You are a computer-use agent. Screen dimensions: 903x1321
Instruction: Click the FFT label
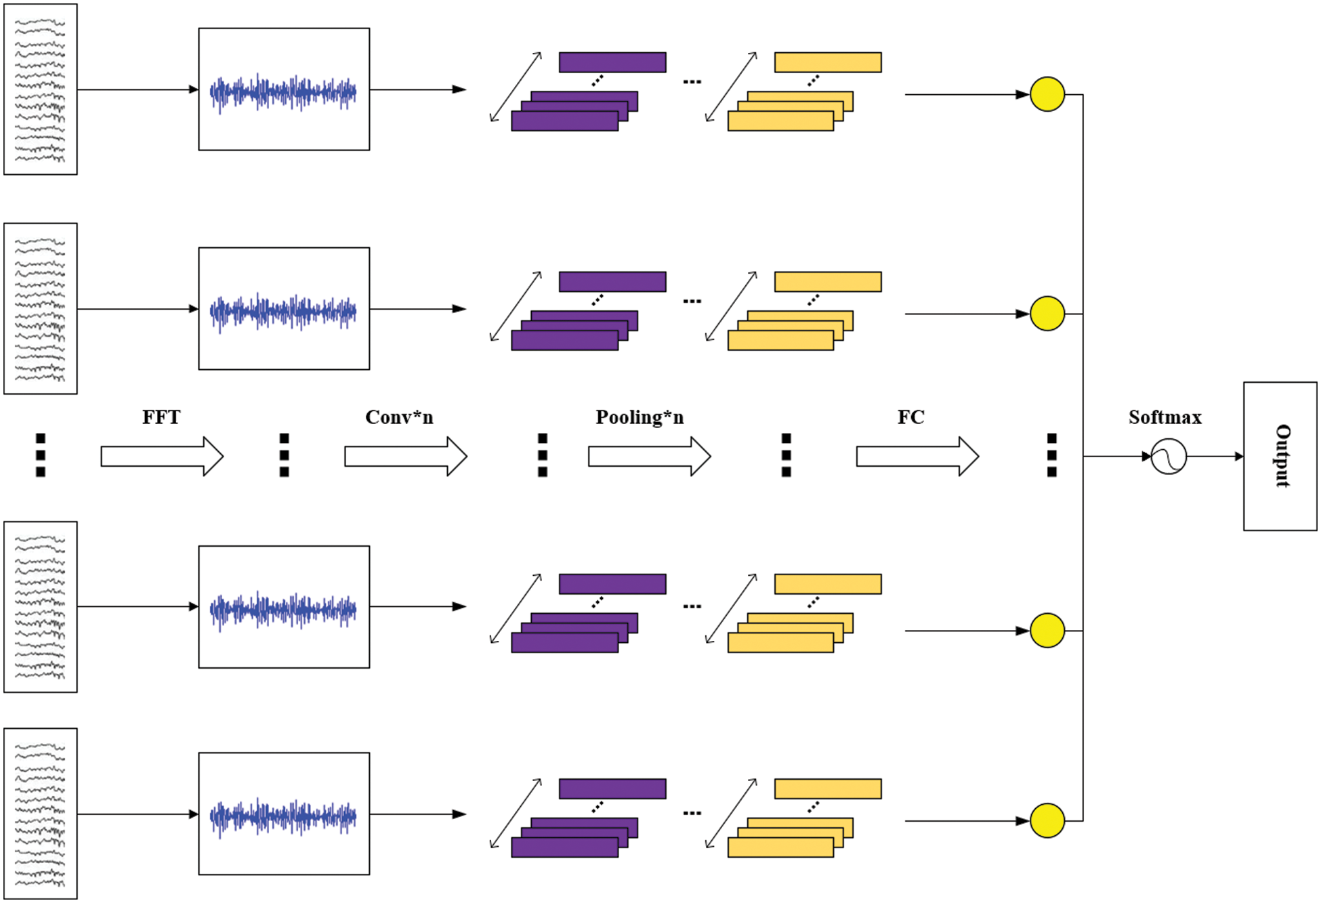161,417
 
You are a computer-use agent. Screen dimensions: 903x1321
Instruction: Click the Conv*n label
399,417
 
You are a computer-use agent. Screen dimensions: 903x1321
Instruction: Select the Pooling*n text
639,417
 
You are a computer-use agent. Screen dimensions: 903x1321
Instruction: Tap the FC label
910,417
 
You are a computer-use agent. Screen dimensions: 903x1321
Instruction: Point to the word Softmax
1165,417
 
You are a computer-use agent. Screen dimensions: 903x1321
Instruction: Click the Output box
1280,456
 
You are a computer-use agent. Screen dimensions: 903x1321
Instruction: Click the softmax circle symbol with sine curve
1169,456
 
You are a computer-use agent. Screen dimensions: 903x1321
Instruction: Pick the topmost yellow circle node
1047,94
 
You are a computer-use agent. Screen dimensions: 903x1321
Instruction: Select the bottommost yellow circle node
1047,820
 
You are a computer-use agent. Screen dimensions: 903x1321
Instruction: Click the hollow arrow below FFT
162,457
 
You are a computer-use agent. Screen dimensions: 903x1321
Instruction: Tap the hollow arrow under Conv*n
405,457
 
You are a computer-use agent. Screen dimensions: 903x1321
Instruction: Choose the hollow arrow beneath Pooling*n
649,457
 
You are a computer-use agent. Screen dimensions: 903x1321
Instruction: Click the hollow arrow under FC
917,457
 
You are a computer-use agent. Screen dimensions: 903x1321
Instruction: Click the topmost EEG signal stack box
41,89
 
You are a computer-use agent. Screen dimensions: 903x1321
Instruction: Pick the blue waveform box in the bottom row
284,813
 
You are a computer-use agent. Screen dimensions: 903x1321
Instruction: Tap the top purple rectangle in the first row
612,62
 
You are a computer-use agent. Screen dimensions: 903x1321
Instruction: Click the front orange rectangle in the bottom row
780,847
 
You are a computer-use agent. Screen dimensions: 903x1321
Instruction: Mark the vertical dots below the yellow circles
1051,455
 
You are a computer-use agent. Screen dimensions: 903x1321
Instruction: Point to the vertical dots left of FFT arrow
41,455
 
